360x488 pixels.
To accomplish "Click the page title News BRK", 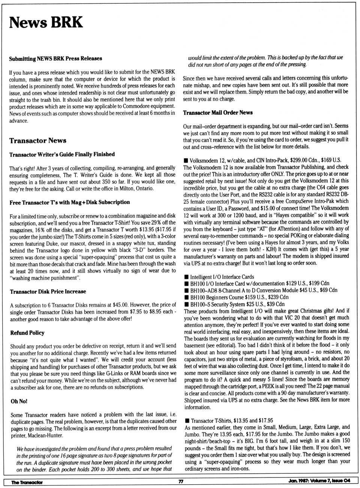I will click(46, 23).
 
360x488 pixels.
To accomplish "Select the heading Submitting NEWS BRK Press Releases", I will click(55, 59).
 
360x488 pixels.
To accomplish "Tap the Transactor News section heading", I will click(38, 141).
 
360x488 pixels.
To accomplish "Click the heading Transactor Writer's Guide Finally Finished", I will click(62, 154).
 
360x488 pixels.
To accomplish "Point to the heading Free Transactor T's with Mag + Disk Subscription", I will click(70, 202).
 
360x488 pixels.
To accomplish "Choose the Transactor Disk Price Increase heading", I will click(48, 292).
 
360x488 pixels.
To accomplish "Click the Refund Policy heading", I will click(27, 333).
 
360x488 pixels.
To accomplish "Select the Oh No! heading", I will click(19, 401).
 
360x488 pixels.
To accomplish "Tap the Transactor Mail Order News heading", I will click(217, 113).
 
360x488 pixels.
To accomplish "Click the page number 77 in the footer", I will click(181, 482).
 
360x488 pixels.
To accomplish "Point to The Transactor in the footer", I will click(27, 482).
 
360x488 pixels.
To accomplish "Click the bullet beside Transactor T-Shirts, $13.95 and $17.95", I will click(187, 421).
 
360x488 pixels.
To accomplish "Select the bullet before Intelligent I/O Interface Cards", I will click(186, 277).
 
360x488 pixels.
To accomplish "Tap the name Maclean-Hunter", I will click(46, 435).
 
